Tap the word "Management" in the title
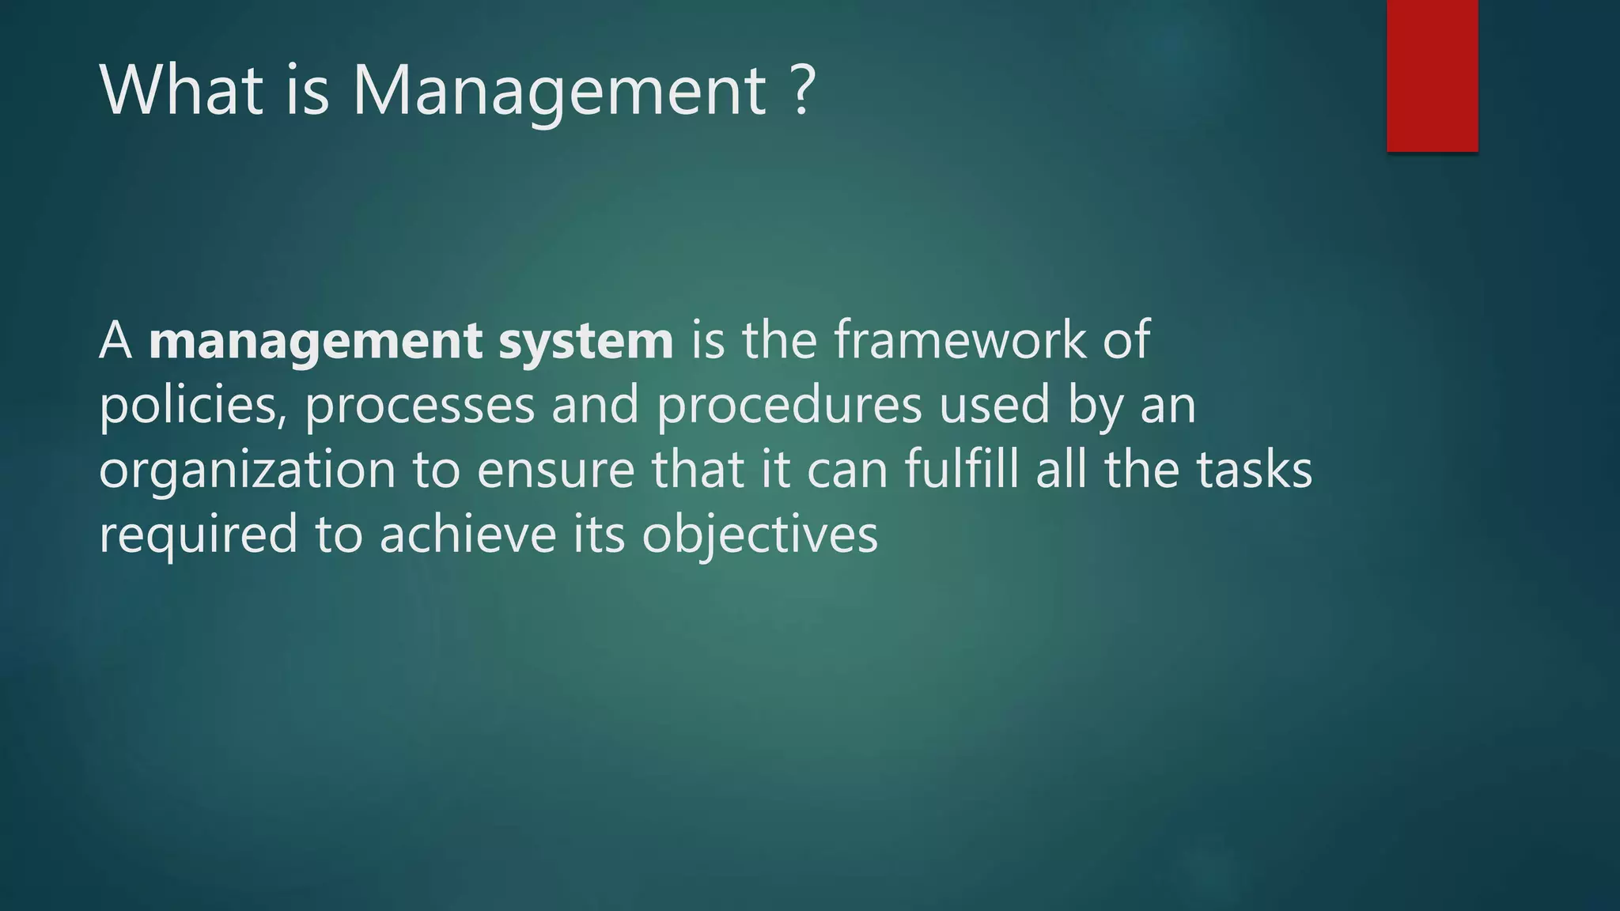coord(559,92)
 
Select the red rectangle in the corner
coord(1432,75)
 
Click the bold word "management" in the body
coord(315,342)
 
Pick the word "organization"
coord(247,471)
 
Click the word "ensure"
coord(556,471)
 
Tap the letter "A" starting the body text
coord(115,342)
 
